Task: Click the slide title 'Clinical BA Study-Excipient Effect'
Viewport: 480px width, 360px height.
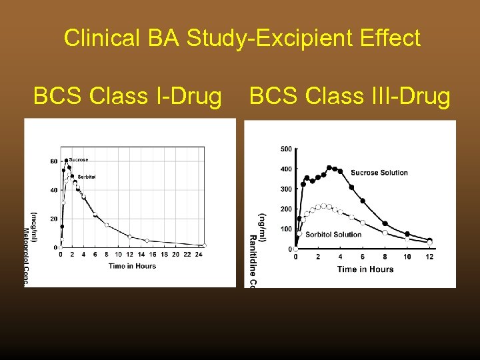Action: (242, 38)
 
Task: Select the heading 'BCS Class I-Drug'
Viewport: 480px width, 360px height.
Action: (127, 97)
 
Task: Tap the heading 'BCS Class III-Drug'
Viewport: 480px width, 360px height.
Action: (350, 97)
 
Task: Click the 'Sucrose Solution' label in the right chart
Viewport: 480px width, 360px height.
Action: (379, 173)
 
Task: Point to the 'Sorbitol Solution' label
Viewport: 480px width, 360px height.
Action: (333, 235)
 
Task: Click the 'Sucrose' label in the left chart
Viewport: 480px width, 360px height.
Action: (79, 160)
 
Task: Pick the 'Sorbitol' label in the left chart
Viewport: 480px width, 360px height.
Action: (86, 177)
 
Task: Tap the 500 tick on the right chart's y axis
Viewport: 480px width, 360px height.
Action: (285, 149)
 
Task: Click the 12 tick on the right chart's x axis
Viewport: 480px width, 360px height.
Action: (429, 257)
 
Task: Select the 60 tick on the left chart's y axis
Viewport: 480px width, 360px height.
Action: (53, 161)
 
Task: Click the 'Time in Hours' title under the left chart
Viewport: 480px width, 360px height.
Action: (132, 265)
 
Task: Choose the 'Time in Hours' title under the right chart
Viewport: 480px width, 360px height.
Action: (365, 269)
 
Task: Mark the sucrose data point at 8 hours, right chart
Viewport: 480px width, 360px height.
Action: (385, 223)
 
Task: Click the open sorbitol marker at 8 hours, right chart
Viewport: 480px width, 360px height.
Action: (385, 233)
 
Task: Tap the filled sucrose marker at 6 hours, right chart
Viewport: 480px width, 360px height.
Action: (363, 201)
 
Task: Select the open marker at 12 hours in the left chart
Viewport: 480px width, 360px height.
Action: (130, 237)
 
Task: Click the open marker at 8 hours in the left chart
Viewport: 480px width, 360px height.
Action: (107, 225)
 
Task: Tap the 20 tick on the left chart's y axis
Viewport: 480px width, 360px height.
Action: (53, 219)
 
